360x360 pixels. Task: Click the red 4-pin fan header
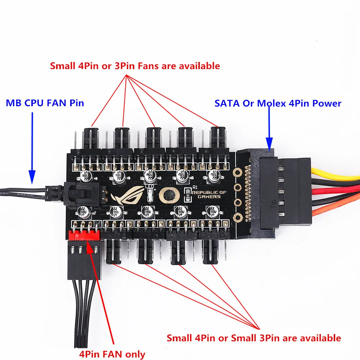84,235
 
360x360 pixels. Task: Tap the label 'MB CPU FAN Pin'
45,103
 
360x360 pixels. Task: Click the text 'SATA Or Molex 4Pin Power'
278,103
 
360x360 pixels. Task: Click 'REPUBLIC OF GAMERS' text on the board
210,195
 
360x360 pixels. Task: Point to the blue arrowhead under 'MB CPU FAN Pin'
32,176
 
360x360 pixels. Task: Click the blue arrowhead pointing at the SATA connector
269,144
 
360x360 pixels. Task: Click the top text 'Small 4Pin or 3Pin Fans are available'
135,66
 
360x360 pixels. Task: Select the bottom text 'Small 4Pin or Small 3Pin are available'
253,338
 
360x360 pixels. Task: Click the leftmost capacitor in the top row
87,176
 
